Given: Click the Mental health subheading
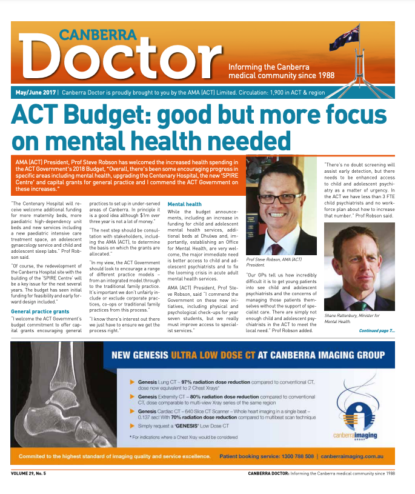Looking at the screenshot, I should coord(185,204).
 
